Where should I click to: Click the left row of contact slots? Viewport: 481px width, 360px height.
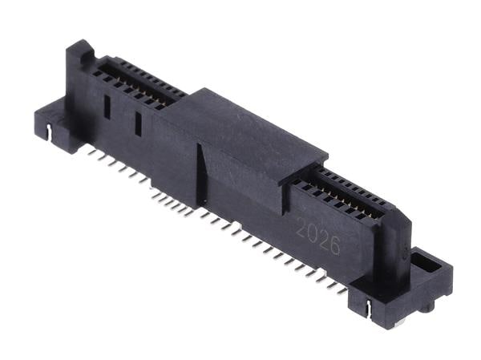pos(132,80)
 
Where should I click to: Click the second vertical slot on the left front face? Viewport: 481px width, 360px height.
pos(138,123)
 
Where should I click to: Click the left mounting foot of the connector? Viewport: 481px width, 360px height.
pos(52,120)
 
